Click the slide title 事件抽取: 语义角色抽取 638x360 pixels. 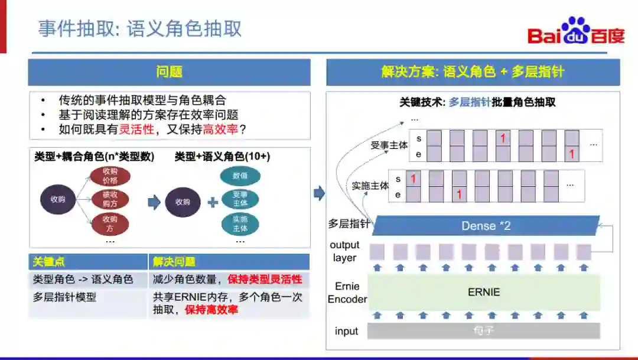click(x=140, y=28)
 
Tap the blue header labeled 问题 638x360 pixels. click(x=169, y=72)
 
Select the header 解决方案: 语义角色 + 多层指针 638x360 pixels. click(x=473, y=72)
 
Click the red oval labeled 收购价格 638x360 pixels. click(x=110, y=176)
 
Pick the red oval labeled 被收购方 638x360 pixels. click(x=110, y=199)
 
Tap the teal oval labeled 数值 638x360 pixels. click(x=240, y=176)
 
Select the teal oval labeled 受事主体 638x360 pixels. click(x=240, y=199)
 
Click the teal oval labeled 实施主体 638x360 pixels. click(x=240, y=223)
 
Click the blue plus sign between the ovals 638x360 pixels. click(x=213, y=202)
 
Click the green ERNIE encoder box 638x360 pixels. click(x=484, y=292)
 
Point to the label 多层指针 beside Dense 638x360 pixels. click(x=349, y=224)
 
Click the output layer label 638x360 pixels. click(x=344, y=251)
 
